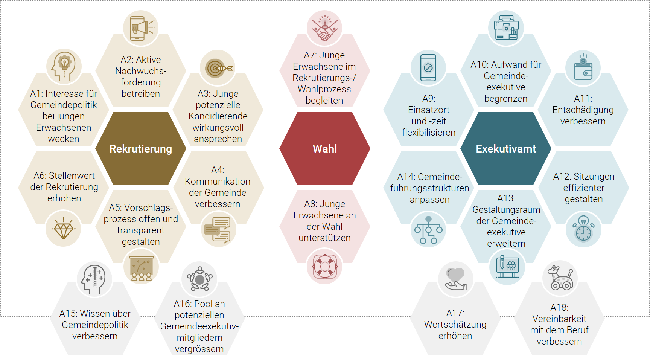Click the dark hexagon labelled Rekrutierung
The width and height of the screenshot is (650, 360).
click(x=140, y=149)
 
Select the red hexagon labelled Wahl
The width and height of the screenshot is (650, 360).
click(x=324, y=149)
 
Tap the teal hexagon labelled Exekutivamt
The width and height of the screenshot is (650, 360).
click(x=505, y=149)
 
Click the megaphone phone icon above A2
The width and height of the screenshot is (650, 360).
click(x=141, y=28)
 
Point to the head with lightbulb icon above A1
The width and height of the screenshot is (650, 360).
click(x=64, y=66)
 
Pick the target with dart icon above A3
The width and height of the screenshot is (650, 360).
click(x=218, y=68)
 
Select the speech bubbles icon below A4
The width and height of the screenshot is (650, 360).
click(x=218, y=229)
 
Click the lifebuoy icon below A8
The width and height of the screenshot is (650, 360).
click(x=324, y=267)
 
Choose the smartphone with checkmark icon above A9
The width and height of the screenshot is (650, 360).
click(x=428, y=68)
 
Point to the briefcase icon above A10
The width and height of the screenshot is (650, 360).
click(x=506, y=28)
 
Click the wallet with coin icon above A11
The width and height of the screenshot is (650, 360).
click(x=583, y=68)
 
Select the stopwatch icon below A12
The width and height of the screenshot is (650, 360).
click(x=583, y=229)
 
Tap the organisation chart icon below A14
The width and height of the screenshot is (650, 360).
click(x=428, y=229)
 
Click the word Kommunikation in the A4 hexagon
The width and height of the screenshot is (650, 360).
click(x=218, y=181)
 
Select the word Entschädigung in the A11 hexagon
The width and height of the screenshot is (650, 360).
click(x=583, y=110)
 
